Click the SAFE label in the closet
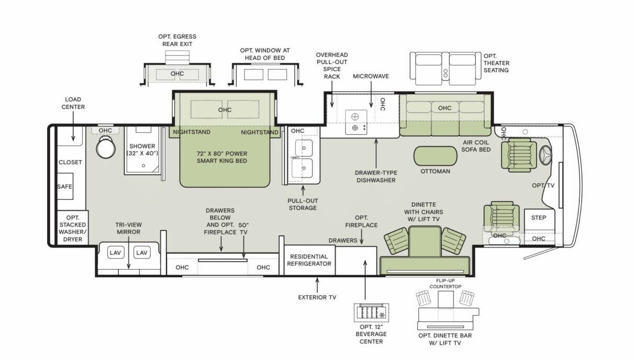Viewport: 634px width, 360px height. [x=65, y=187]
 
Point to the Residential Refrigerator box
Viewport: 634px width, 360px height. [x=309, y=260]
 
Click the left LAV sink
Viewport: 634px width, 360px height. [x=116, y=253]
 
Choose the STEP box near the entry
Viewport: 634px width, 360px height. [x=539, y=218]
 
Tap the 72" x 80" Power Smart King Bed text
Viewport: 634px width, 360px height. [x=221, y=157]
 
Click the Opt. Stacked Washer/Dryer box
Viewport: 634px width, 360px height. [x=72, y=228]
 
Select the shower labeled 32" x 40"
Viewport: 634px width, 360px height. [x=143, y=150]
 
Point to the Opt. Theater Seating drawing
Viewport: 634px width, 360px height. [x=445, y=68]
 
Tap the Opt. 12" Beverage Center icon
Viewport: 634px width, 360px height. [x=371, y=312]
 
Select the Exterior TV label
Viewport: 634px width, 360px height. [x=317, y=297]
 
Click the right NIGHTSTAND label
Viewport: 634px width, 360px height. [x=260, y=132]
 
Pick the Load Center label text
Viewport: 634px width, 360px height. [x=73, y=103]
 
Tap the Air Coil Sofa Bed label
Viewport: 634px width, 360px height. [x=476, y=145]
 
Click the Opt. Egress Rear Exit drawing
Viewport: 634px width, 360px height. [x=177, y=74]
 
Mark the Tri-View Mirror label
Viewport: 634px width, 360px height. [x=128, y=229]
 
